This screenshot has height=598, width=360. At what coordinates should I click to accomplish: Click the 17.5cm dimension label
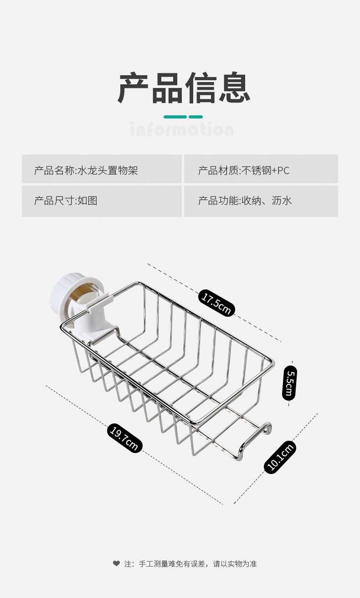click(x=216, y=303)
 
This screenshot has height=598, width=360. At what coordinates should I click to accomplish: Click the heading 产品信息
click(x=184, y=88)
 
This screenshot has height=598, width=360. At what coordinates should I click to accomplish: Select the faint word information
click(x=181, y=129)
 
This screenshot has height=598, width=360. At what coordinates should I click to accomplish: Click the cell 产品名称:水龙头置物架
click(x=86, y=171)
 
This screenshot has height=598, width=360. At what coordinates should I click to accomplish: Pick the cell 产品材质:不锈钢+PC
click(x=244, y=171)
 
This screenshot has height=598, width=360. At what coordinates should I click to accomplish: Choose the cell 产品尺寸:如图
click(x=66, y=201)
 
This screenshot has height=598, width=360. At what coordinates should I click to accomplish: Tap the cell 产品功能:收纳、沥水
click(x=245, y=201)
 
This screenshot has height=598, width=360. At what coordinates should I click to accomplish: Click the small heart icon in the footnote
click(x=116, y=564)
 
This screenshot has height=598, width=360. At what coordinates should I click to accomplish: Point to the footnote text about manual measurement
click(x=190, y=564)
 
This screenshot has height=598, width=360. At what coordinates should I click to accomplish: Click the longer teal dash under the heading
click(x=175, y=117)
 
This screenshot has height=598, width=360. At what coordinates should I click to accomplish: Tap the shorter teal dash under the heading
click(x=195, y=117)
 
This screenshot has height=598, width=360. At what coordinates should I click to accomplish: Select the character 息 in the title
click(x=234, y=88)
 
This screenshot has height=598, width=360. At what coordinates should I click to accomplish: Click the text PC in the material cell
click(x=283, y=171)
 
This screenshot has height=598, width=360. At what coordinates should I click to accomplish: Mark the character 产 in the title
click(x=134, y=88)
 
